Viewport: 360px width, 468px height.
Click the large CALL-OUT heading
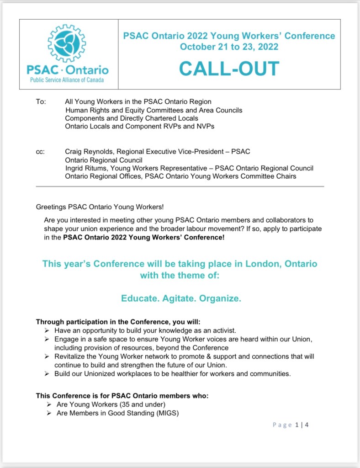tap(229, 69)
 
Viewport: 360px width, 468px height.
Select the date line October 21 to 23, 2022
tap(229, 47)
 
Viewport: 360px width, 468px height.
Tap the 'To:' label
tap(41, 101)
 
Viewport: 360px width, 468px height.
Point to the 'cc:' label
tap(40, 151)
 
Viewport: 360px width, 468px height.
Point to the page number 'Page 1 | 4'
tap(291, 425)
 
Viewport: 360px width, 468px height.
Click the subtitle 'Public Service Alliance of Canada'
tap(67, 80)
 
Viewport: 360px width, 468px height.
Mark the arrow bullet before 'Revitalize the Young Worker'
tap(47, 356)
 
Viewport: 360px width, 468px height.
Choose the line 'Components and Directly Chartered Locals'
tap(132, 118)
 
